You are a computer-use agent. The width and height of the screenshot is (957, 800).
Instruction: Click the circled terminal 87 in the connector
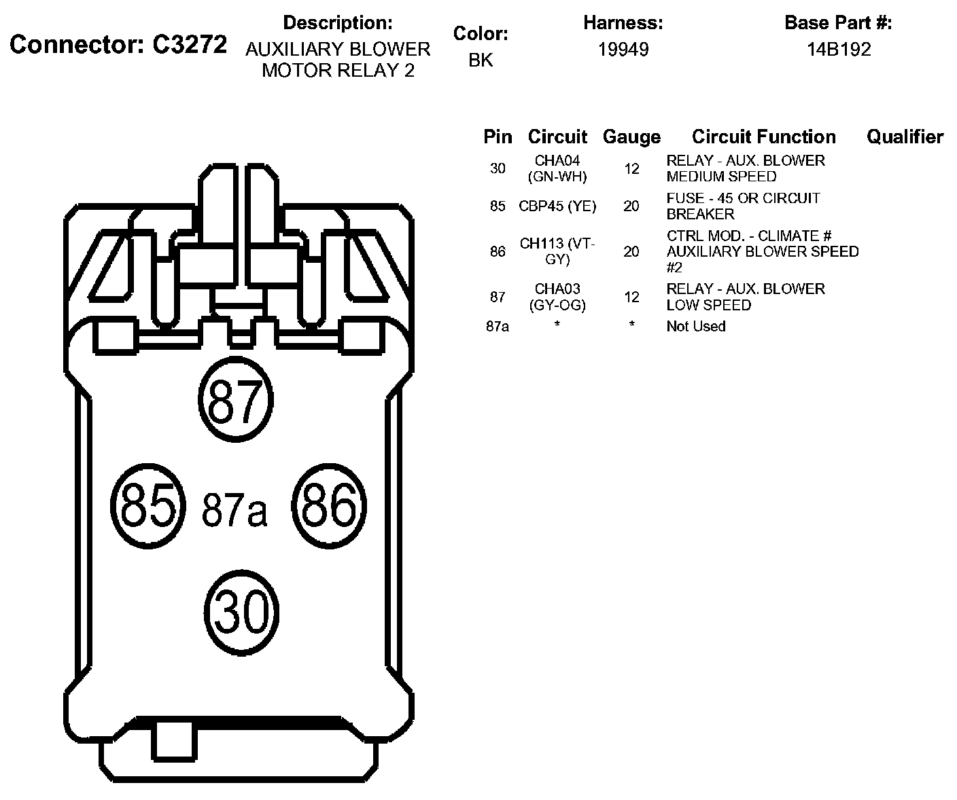[x=236, y=400]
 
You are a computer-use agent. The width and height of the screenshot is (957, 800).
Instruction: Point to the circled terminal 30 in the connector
[x=243, y=612]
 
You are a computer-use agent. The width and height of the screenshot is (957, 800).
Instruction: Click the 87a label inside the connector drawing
[x=234, y=510]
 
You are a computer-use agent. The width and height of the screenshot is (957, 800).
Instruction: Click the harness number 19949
[x=623, y=49]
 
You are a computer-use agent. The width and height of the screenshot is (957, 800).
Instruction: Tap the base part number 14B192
[x=839, y=49]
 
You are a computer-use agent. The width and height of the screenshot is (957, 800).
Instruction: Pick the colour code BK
[x=481, y=60]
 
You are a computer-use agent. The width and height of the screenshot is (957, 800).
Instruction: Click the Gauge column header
[x=631, y=137]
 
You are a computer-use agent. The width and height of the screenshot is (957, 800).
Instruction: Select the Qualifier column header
[x=905, y=137]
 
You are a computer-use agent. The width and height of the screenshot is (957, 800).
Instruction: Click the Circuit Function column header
[x=763, y=137]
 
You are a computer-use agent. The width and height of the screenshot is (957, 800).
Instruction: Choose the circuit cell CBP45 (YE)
[x=557, y=206]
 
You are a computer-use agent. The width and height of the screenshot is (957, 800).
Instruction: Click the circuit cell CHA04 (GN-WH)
[x=557, y=168]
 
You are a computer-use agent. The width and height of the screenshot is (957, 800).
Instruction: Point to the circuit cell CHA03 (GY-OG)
[x=557, y=297]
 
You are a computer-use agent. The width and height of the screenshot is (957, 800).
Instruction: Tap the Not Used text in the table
[x=695, y=327]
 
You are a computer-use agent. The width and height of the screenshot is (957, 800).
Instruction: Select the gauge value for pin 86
[x=631, y=251]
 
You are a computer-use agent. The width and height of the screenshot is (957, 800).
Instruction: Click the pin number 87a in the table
[x=498, y=327]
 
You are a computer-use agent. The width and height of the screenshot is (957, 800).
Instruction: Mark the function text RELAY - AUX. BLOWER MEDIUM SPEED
[x=745, y=168]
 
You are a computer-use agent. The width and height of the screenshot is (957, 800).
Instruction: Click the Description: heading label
[x=338, y=22]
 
